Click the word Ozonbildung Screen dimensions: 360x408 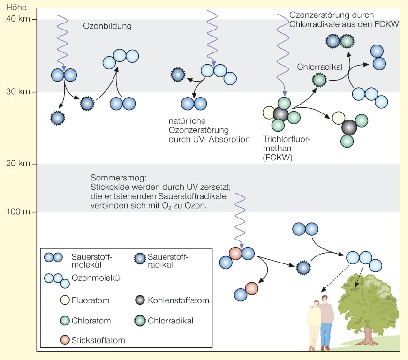click(107, 26)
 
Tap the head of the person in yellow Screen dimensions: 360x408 click(317, 305)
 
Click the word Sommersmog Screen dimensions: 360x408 click(112, 179)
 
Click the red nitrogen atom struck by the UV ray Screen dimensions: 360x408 click(236, 253)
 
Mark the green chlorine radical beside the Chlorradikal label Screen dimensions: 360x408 click(319, 80)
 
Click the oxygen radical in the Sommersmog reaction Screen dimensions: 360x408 click(304, 268)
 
